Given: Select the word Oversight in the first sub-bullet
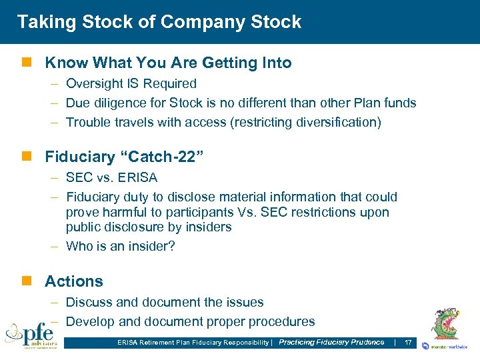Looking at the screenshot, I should (95, 84).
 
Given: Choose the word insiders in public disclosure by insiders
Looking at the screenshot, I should (209, 227).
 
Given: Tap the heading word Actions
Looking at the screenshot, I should (74, 281).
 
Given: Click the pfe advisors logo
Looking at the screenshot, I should (31, 335).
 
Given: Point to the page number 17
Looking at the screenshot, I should (408, 343).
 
